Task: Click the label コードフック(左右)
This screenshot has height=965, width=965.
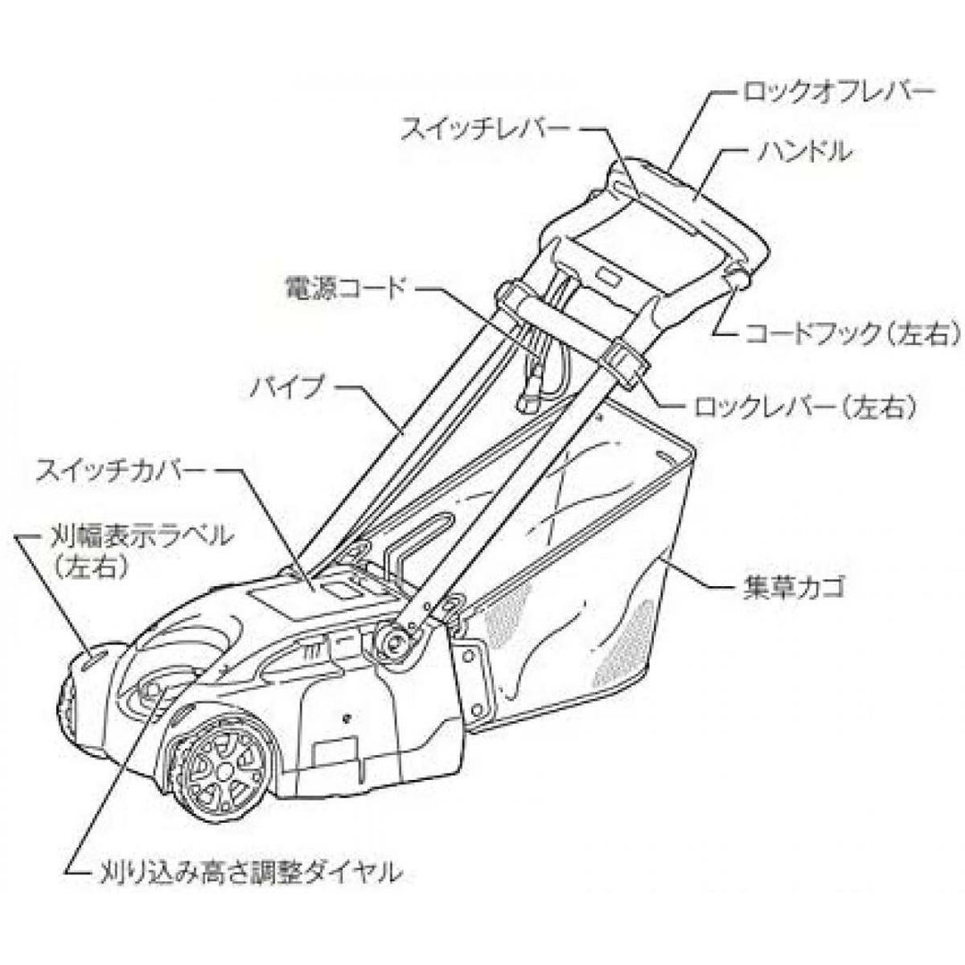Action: (853, 335)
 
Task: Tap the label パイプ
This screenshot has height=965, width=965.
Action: (285, 391)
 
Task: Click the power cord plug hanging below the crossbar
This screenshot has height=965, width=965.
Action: (528, 399)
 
